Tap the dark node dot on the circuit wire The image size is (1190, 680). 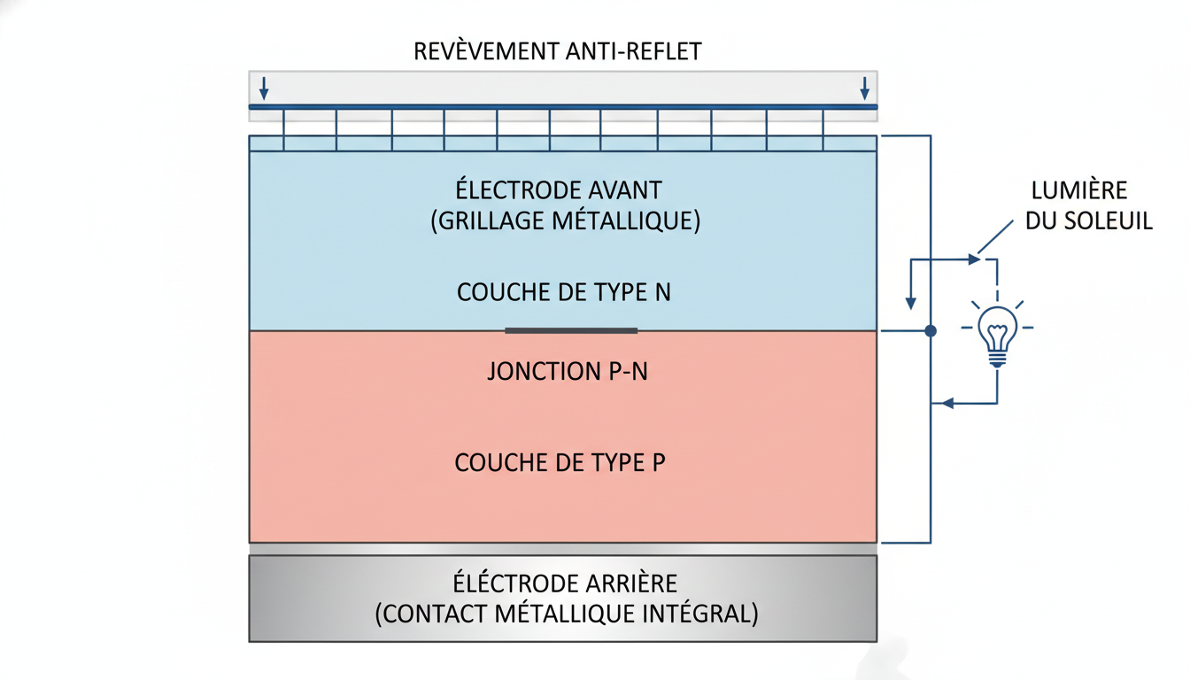[930, 331]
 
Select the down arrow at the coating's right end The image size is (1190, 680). [864, 89]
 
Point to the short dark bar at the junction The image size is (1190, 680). [571, 330]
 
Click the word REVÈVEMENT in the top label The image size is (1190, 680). [485, 51]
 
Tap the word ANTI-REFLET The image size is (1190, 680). [632, 51]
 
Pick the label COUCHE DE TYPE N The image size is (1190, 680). [563, 292]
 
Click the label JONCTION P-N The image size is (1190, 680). [567, 371]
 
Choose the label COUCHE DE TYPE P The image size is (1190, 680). [560, 462]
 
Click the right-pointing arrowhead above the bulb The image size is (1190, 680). [974, 259]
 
